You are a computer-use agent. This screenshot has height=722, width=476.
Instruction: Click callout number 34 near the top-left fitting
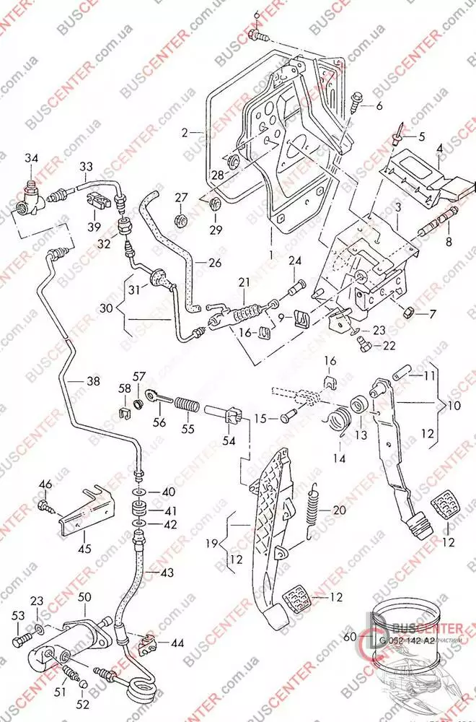(x=32, y=158)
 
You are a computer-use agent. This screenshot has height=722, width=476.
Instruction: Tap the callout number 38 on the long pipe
(x=93, y=383)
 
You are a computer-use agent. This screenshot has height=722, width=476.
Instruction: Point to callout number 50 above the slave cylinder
(x=85, y=597)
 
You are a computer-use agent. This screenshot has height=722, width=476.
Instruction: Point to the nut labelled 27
(x=181, y=216)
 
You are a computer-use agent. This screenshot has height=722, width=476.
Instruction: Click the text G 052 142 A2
(x=407, y=639)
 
